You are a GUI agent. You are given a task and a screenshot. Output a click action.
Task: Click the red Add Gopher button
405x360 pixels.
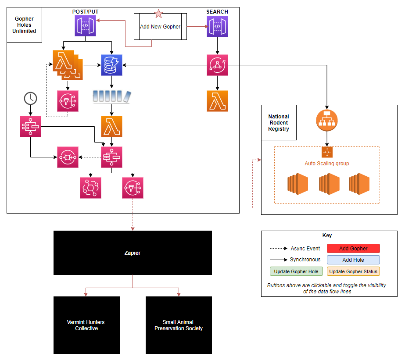(353, 249)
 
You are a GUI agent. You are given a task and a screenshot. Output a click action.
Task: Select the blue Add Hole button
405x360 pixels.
(353, 260)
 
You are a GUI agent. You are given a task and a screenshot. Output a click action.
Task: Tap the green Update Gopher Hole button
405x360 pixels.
(296, 271)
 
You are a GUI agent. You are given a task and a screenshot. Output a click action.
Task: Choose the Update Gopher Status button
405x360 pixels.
(353, 271)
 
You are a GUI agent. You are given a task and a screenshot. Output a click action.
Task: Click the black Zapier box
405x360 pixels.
(133, 253)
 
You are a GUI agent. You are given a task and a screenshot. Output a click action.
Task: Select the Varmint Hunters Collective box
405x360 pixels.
(86, 325)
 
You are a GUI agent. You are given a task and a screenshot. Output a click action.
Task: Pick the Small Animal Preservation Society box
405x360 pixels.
(179, 325)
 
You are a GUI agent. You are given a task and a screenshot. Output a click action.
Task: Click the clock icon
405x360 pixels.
(30, 98)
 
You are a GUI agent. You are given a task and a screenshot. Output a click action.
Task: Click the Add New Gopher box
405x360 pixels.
(160, 27)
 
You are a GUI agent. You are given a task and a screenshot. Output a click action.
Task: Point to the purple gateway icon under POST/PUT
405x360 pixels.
(85, 25)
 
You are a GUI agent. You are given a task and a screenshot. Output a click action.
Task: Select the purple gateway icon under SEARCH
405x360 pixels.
(217, 25)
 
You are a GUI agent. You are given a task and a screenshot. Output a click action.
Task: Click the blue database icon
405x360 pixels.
(111, 65)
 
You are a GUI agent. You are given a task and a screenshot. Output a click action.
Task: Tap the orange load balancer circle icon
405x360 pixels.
(326, 120)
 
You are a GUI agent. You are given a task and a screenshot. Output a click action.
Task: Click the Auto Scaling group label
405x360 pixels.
(327, 164)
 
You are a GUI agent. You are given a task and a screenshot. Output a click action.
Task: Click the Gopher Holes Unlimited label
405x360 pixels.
(25, 25)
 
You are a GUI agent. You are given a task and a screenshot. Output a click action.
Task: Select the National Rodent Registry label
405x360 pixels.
(279, 123)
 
